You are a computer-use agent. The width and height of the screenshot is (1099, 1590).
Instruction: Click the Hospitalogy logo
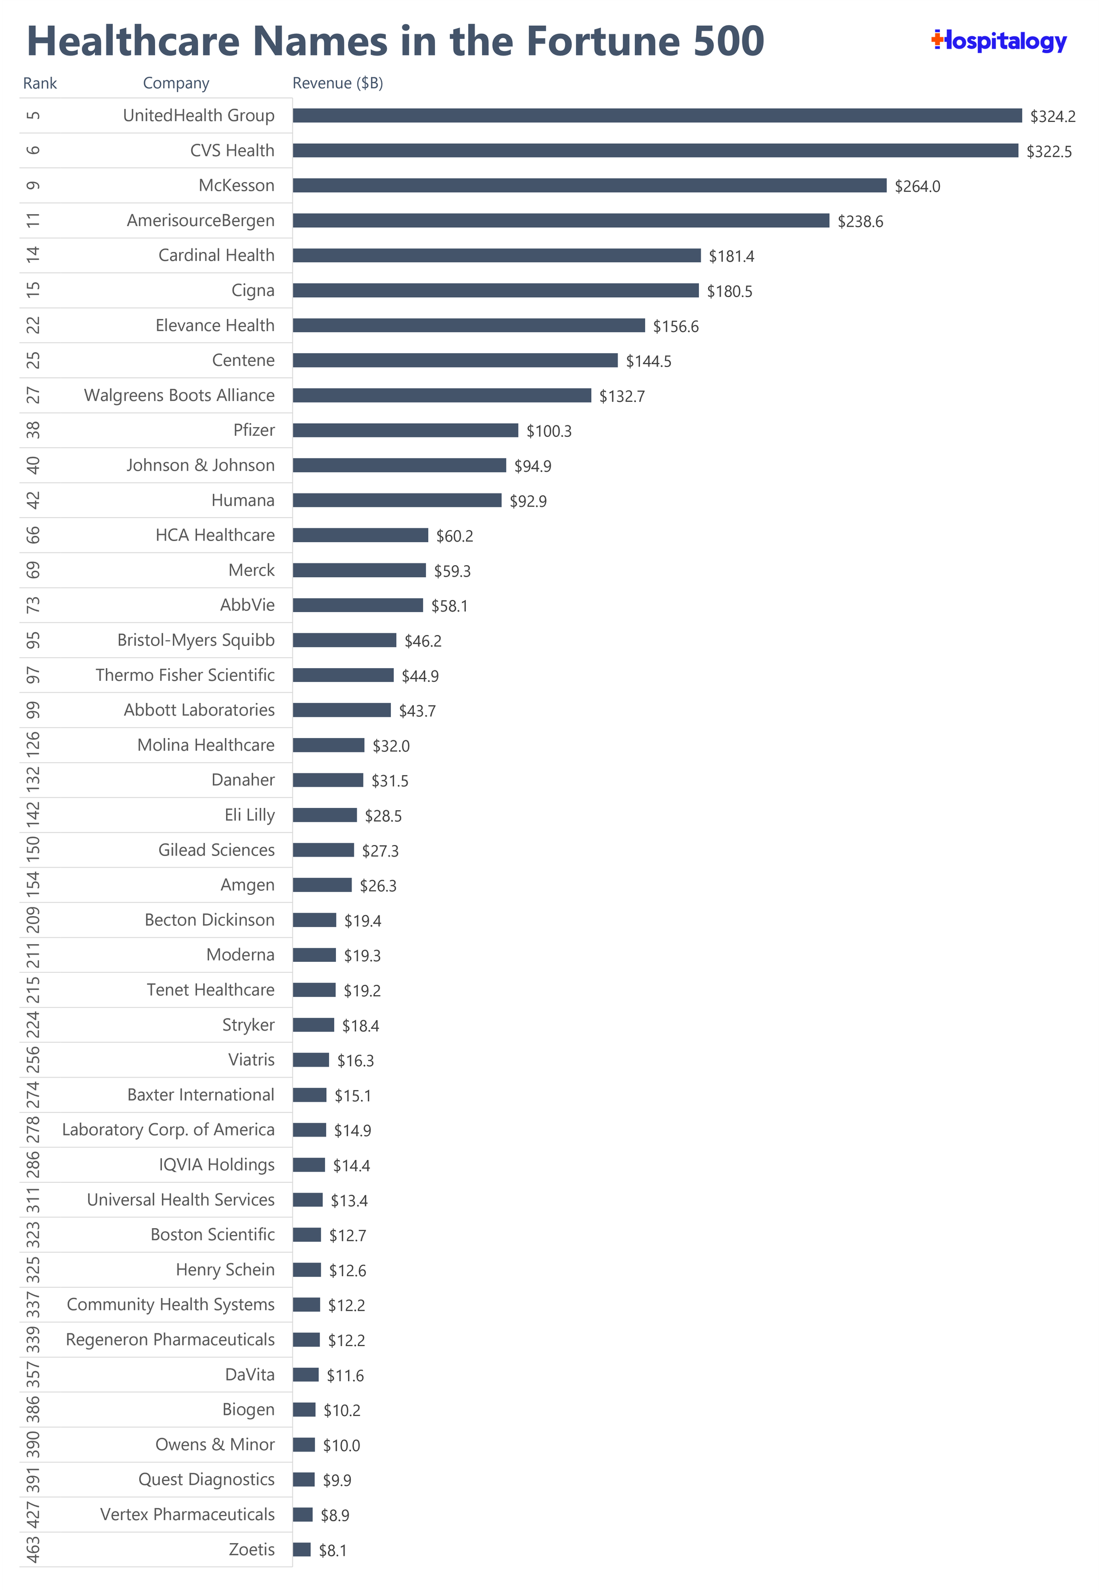tap(998, 41)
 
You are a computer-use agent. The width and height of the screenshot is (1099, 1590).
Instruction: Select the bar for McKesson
tap(589, 186)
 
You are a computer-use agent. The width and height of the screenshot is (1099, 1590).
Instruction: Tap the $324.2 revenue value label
tap(1052, 116)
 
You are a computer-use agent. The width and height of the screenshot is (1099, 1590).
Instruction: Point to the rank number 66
tap(33, 535)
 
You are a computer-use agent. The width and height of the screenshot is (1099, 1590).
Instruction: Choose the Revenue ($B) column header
tap(337, 84)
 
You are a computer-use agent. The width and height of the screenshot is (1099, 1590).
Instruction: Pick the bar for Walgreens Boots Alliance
tap(441, 395)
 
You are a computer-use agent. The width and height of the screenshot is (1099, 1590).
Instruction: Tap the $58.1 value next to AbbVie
tap(449, 606)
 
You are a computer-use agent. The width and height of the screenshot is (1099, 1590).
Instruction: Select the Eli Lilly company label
tap(249, 815)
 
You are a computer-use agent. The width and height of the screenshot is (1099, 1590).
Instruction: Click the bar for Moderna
tap(314, 955)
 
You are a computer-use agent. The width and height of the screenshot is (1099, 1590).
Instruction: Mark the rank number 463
tap(33, 1549)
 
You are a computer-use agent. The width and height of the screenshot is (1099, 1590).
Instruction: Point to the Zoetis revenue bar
tap(302, 1549)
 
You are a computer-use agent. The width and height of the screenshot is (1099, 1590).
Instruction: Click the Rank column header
tap(40, 84)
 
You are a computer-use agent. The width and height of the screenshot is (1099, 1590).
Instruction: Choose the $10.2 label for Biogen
tap(342, 1410)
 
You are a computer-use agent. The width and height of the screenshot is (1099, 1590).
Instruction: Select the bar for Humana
tap(397, 500)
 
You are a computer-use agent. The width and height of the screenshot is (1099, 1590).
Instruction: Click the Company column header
tap(176, 84)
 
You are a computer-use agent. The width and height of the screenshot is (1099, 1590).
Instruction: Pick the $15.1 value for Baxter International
tap(353, 1095)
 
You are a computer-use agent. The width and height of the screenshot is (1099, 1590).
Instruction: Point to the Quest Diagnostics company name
tap(206, 1479)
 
